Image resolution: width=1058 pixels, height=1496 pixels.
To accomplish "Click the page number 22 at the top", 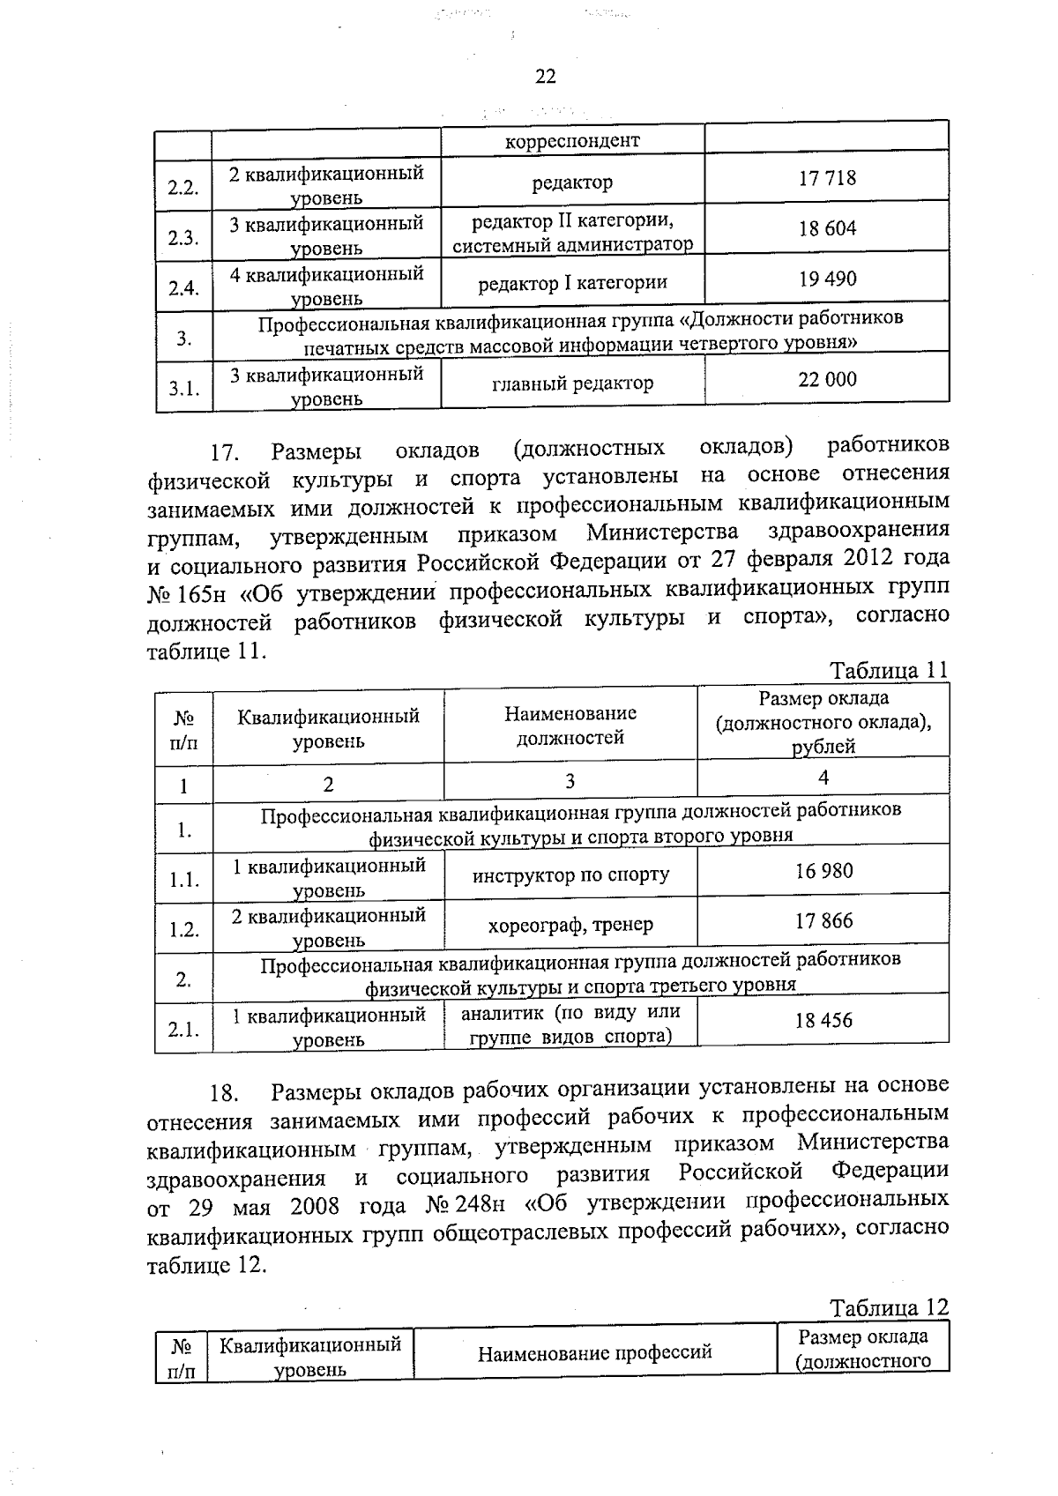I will click(546, 77).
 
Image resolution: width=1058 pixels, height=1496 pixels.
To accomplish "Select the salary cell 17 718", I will click(827, 179).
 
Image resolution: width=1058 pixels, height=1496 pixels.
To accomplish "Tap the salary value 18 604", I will click(827, 229).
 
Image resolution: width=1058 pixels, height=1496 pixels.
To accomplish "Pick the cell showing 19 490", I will click(827, 279).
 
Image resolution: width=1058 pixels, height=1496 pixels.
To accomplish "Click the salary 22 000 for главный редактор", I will click(827, 380).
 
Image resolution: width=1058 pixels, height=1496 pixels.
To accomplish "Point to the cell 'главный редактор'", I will click(572, 383).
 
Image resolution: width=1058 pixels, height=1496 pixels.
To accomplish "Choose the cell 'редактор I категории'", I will click(572, 283).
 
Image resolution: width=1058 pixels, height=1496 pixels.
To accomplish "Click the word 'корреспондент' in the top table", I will click(572, 141).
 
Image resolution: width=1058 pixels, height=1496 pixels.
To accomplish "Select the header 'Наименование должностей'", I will click(570, 725).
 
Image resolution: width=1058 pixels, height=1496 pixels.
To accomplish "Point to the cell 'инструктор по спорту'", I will click(570, 875).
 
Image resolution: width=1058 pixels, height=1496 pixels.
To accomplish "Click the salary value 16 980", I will click(823, 872).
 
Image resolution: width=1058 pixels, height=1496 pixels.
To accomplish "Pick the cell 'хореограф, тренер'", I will click(570, 925).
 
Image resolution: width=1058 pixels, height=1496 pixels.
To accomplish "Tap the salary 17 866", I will click(823, 921).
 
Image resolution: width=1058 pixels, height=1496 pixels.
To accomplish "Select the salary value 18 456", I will click(823, 1021).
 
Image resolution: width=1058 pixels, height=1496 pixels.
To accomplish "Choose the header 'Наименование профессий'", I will click(595, 1352).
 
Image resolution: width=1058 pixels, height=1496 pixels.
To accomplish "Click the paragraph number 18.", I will click(224, 1095).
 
